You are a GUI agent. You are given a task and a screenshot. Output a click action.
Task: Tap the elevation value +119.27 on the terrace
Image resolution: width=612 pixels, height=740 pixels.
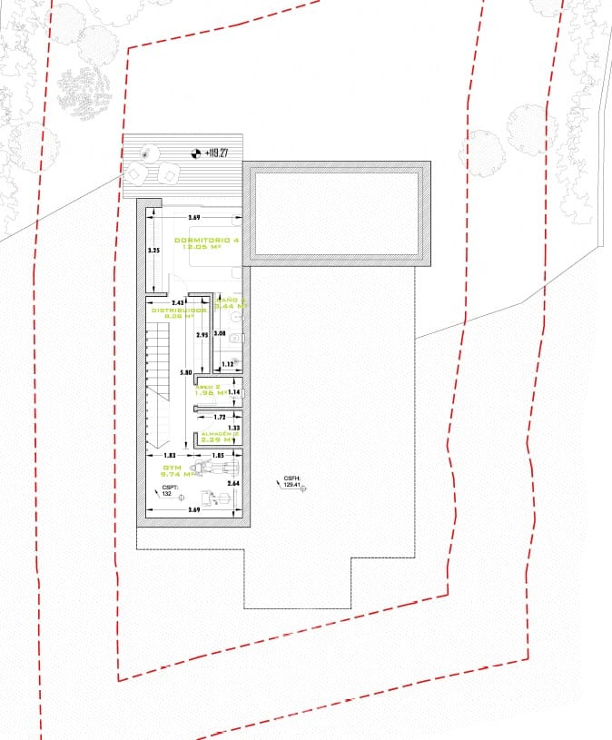216,153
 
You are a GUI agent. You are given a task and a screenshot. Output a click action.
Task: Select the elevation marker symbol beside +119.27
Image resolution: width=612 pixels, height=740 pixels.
194,153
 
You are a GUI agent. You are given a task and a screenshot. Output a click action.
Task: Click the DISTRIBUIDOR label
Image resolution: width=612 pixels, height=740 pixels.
178,311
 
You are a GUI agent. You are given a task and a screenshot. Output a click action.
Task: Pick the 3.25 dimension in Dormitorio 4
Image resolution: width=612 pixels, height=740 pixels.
153,250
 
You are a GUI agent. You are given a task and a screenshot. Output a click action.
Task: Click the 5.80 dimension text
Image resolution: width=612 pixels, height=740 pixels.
186,373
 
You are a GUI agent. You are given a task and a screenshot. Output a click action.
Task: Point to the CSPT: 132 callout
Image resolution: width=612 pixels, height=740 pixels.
168,490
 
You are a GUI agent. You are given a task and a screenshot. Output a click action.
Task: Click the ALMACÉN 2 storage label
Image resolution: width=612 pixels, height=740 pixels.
220,434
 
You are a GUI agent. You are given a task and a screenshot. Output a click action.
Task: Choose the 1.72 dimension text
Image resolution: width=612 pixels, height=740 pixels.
219,417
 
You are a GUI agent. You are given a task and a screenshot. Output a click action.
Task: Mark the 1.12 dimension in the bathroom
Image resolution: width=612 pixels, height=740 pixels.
228,364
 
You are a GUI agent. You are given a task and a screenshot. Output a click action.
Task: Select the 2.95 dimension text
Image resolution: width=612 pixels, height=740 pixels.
203,335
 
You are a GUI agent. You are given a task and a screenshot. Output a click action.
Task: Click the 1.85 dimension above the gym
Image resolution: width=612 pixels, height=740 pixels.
218,454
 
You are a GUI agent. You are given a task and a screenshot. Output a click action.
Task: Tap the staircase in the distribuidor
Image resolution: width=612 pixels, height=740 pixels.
159,363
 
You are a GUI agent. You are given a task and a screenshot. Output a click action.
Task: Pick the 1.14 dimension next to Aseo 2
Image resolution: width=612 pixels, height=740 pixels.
233,392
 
